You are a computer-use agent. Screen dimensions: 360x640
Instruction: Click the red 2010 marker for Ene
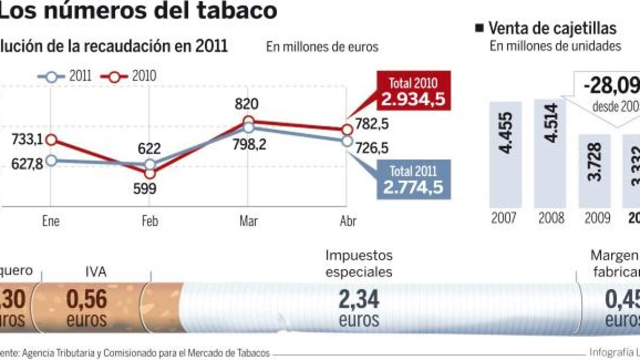(x=51, y=140)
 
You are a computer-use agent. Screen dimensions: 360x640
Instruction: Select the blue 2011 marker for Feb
(x=150, y=165)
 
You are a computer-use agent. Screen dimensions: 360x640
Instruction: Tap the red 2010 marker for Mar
(x=248, y=121)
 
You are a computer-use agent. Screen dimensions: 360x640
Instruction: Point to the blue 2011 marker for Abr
(x=347, y=141)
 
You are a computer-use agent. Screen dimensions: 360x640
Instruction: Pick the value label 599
(x=150, y=189)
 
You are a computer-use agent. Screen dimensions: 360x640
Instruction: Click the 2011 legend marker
(x=51, y=76)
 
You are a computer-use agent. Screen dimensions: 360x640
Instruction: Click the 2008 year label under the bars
(x=550, y=219)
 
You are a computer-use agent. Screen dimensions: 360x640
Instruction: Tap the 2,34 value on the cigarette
(x=359, y=299)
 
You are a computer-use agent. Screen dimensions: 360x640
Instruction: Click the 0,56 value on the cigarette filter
(x=86, y=300)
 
